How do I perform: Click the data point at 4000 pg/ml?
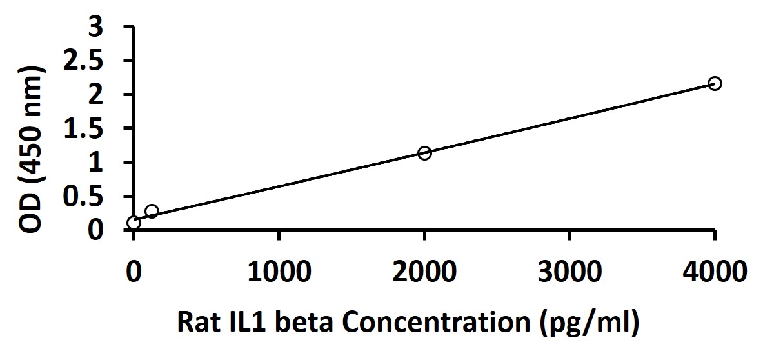pos(715,83)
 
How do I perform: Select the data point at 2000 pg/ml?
pos(424,153)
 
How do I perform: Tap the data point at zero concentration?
pos(134,223)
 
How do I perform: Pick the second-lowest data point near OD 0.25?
pos(152,211)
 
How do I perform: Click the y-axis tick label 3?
pos(96,28)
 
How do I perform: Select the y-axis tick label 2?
pos(96,95)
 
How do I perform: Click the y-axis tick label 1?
pos(96,163)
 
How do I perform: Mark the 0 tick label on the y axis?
pos(96,230)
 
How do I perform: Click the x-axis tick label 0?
pos(134,272)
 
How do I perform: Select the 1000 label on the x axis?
pos(279,272)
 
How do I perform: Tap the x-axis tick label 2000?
pos(424,272)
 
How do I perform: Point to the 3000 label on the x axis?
pos(570,272)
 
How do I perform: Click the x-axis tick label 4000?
pos(715,272)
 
